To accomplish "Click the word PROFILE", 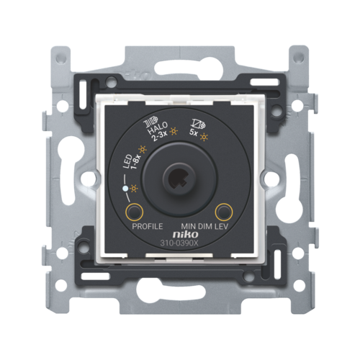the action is pyautogui.click(x=148, y=226).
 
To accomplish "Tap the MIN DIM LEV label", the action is pyautogui.click(x=204, y=226).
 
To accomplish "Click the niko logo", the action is pyautogui.click(x=186, y=234).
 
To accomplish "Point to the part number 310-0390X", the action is pyautogui.click(x=179, y=243).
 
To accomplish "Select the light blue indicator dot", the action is pyautogui.click(x=125, y=189).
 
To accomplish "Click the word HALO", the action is pyautogui.click(x=157, y=129).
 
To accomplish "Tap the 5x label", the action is pyautogui.click(x=194, y=132).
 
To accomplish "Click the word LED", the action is pyautogui.click(x=127, y=162).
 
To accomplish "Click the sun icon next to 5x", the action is pyautogui.click(x=204, y=137).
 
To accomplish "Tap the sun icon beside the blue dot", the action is pyautogui.click(x=134, y=189).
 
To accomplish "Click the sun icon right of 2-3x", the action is pyautogui.click(x=174, y=131).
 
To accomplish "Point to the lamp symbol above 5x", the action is pyautogui.click(x=198, y=123).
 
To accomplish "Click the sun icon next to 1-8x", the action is pyautogui.click(x=143, y=150).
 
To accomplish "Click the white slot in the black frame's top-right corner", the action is pyautogui.click(x=264, y=82).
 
